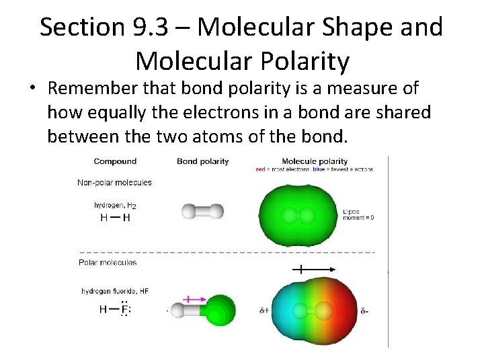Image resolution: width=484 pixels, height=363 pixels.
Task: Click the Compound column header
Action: pos(115,161)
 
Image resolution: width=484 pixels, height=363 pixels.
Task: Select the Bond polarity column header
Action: pos(202,161)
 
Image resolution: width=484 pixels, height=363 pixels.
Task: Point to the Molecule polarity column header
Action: pos(315,161)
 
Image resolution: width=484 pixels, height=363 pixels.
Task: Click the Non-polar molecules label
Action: pos(115,182)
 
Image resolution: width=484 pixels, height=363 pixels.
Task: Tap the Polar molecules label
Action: pos(108,262)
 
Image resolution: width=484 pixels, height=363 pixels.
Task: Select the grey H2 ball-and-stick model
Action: pos(202,212)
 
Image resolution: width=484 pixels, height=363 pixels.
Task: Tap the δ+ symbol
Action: pos(264,311)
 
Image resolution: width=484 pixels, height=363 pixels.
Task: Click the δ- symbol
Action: pos(365,311)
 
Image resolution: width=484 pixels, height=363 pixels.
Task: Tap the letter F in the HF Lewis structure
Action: pos(124,310)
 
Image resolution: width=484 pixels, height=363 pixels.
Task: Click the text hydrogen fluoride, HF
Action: pos(115,291)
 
